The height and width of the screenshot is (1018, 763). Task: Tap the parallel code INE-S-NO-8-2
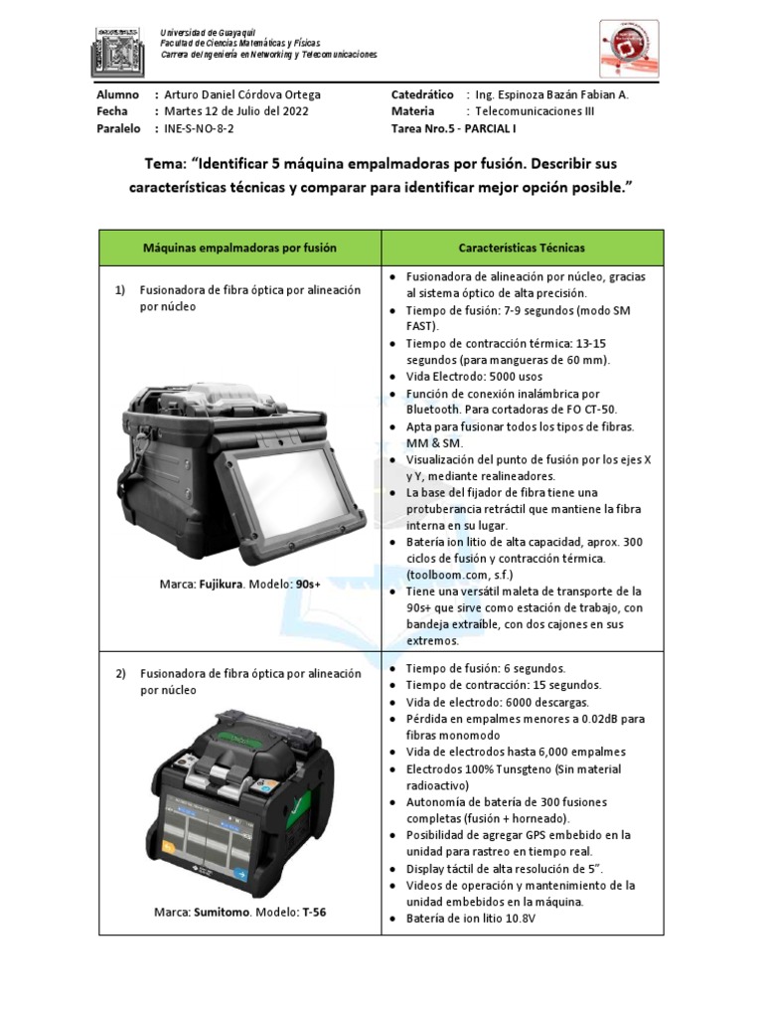coord(200,129)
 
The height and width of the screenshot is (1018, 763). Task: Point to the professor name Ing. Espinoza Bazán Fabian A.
coord(552,94)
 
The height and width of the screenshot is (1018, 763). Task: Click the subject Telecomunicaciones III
coord(534,111)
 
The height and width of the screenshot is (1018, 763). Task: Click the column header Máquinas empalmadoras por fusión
coord(239,248)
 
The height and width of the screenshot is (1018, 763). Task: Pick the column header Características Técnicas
coord(522,248)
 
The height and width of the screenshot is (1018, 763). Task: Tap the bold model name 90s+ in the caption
coord(309,584)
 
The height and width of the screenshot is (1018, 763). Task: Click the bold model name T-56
coord(314,912)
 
